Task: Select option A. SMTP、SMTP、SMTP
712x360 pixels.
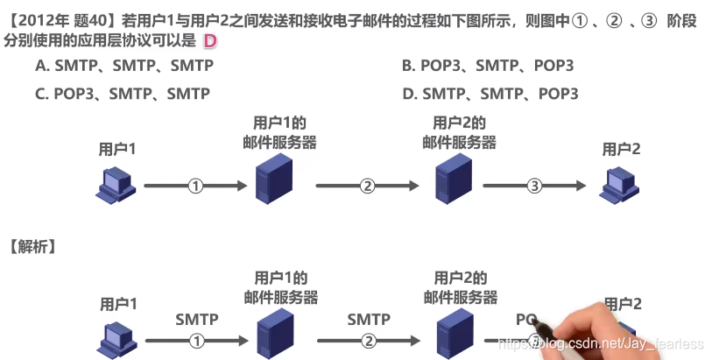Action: click(x=123, y=66)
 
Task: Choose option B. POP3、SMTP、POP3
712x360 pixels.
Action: click(x=488, y=66)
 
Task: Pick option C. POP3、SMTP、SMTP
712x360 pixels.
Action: click(x=123, y=93)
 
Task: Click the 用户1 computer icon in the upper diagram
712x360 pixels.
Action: click(x=116, y=183)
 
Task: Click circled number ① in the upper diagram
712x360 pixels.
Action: click(x=196, y=186)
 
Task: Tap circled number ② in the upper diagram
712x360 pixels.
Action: click(x=368, y=186)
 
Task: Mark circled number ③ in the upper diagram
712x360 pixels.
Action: click(x=534, y=186)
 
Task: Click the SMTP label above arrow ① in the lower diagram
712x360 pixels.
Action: click(x=196, y=320)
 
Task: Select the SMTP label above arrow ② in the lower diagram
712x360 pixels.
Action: click(x=368, y=320)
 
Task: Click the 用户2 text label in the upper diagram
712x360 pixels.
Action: click(x=621, y=149)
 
